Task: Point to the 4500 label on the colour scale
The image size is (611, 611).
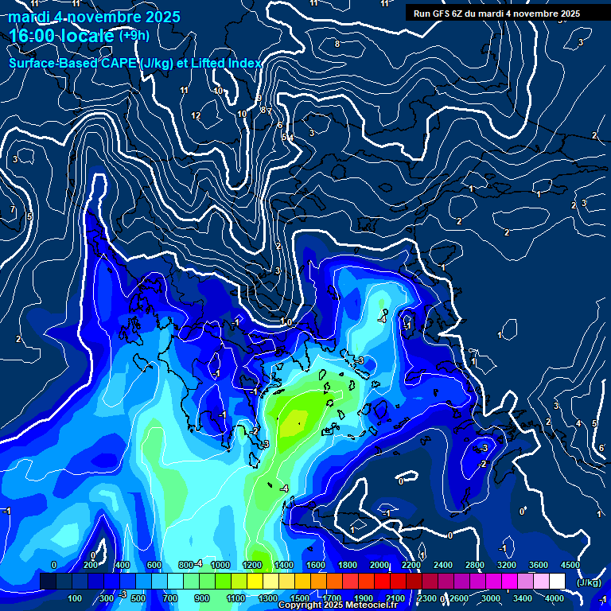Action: coord(570,565)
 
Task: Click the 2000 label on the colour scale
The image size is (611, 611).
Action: coord(379,565)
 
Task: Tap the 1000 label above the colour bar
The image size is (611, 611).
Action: coord(220,565)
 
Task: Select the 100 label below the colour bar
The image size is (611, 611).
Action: coord(76,598)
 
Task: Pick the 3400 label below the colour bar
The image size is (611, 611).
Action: coord(523,598)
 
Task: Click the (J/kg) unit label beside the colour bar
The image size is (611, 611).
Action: coord(589,582)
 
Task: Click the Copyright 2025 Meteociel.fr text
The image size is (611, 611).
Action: coord(337,605)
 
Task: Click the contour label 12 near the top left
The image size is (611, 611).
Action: coord(196,116)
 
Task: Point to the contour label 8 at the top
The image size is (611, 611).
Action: coord(337,44)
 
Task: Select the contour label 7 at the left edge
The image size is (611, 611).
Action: coord(13,210)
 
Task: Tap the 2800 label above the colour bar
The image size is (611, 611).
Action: coord(475,565)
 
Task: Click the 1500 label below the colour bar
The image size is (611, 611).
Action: coord(299,598)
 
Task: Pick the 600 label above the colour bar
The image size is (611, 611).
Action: coord(154,565)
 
